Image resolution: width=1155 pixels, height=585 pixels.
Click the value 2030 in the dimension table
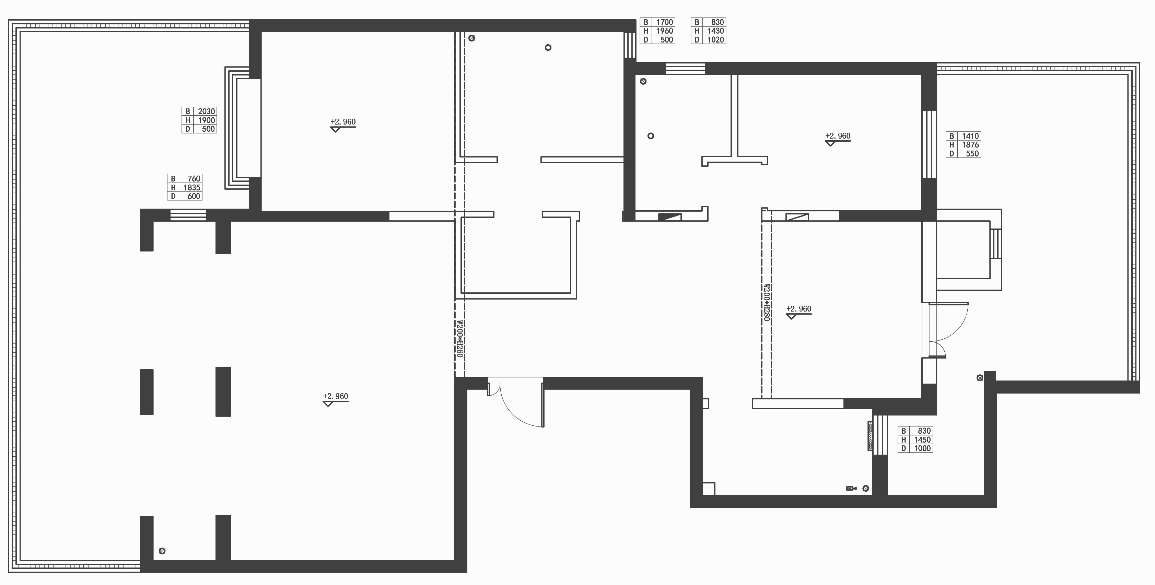[x=207, y=111]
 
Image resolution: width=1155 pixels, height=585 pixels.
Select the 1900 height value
[x=207, y=120]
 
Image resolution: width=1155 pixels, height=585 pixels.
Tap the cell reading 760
[x=194, y=178]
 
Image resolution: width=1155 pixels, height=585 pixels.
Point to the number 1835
[x=192, y=187]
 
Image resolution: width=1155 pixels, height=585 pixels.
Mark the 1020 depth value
[x=715, y=39]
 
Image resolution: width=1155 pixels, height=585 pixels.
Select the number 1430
[x=715, y=31]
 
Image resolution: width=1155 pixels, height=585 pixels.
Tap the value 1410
[x=970, y=136]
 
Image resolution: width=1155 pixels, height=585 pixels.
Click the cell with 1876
[x=970, y=145]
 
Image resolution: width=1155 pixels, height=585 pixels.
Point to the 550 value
[x=972, y=153]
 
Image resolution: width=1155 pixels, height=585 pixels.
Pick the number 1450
[x=922, y=440]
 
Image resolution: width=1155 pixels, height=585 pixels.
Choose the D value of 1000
[x=922, y=448]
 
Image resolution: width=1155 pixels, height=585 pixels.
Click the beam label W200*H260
[x=459, y=338]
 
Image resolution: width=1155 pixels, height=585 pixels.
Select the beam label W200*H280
[x=766, y=302]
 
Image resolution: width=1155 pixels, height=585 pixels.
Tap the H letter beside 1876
[x=952, y=145]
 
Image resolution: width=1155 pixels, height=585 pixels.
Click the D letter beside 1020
[x=697, y=39]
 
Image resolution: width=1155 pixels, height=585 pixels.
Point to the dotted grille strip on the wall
[x=870, y=435]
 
